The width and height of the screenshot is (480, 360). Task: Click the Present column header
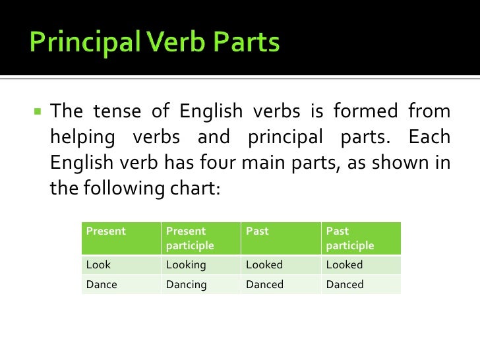(x=105, y=231)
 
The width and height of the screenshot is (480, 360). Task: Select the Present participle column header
(x=190, y=238)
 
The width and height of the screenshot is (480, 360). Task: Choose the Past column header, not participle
(x=257, y=231)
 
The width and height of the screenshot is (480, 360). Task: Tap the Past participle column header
(x=349, y=238)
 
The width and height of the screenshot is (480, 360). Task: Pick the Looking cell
(x=186, y=265)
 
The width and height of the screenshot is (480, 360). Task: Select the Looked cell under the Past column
(x=264, y=265)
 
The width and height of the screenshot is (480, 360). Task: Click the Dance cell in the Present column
(x=102, y=285)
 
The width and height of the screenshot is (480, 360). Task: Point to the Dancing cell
(x=186, y=285)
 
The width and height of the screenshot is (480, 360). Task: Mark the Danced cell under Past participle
(x=345, y=285)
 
